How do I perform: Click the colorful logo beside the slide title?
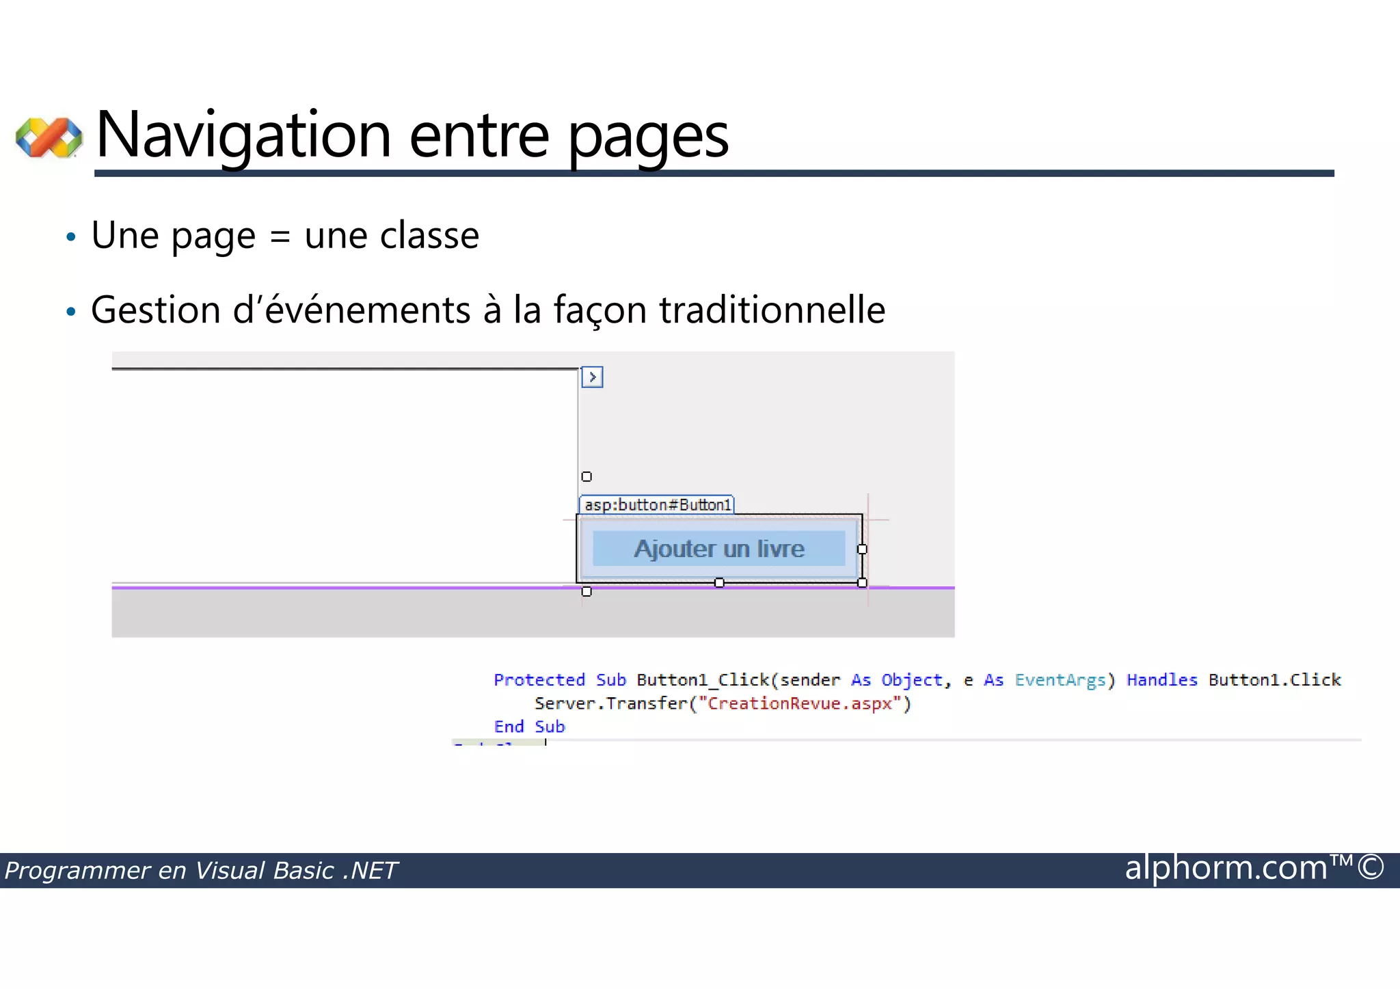[49, 137]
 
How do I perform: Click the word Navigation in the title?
[243, 135]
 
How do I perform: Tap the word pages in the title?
[648, 137]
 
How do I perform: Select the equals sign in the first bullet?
[280, 236]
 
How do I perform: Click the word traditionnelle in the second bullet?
[772, 310]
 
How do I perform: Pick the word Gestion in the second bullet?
[155, 310]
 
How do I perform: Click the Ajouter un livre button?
[718, 549]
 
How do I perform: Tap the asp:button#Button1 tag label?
[657, 505]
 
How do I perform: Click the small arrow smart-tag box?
[592, 377]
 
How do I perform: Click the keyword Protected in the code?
[539, 680]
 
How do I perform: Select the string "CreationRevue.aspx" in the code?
[800, 703]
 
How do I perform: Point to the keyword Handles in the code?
[1161, 680]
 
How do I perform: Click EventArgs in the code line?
[1060, 680]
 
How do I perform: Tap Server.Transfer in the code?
[610, 703]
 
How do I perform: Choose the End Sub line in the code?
[529, 727]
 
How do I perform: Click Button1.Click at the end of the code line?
[1274, 680]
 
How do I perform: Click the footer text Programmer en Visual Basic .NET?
[201, 871]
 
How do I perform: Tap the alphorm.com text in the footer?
[1226, 868]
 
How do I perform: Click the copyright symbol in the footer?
[1371, 867]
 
